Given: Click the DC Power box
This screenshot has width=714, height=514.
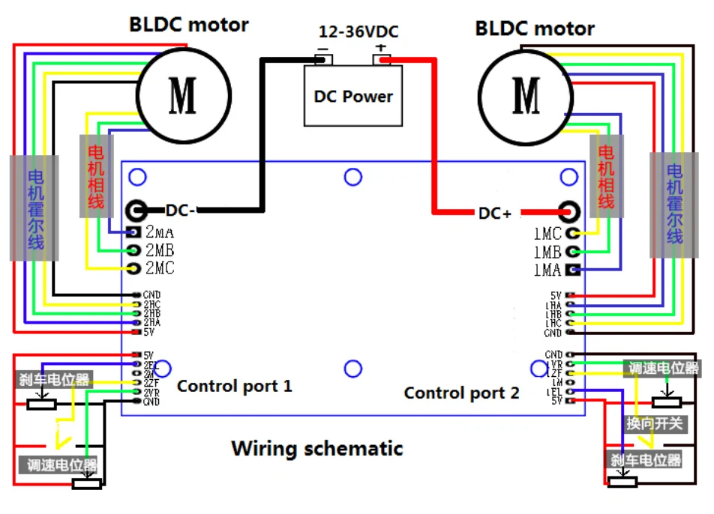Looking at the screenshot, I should tap(352, 96).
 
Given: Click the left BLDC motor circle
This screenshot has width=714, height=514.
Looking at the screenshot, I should tap(183, 94).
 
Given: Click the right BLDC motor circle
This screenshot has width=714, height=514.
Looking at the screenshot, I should tap(526, 94).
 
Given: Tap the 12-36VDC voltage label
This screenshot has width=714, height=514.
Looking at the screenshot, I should tap(358, 32).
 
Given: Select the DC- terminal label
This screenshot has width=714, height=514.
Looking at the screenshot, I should tap(181, 211).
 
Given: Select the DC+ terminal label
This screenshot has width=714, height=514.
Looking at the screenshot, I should tap(495, 214).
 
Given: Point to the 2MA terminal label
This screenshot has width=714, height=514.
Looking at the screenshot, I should tap(160, 232).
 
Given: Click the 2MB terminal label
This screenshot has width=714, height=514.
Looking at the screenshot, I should tap(160, 250).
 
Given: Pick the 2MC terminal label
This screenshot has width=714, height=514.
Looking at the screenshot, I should tap(160, 268).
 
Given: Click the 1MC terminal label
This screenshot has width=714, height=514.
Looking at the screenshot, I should tap(547, 235).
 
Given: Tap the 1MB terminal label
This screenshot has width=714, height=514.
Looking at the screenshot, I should tap(547, 253).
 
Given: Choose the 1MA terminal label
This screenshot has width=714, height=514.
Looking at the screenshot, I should tap(547, 270).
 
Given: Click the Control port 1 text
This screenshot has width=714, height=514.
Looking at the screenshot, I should tap(234, 387).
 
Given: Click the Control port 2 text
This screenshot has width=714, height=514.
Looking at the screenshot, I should tap(461, 393).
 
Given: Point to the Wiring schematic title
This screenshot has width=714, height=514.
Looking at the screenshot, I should tap(316, 449).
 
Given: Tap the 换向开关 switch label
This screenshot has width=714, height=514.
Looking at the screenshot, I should tap(655, 424).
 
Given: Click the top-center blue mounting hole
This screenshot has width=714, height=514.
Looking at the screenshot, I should tap(352, 177).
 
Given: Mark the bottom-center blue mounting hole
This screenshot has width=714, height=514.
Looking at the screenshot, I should tap(352, 369).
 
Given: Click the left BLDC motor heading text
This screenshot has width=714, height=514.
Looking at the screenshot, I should tap(188, 24).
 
